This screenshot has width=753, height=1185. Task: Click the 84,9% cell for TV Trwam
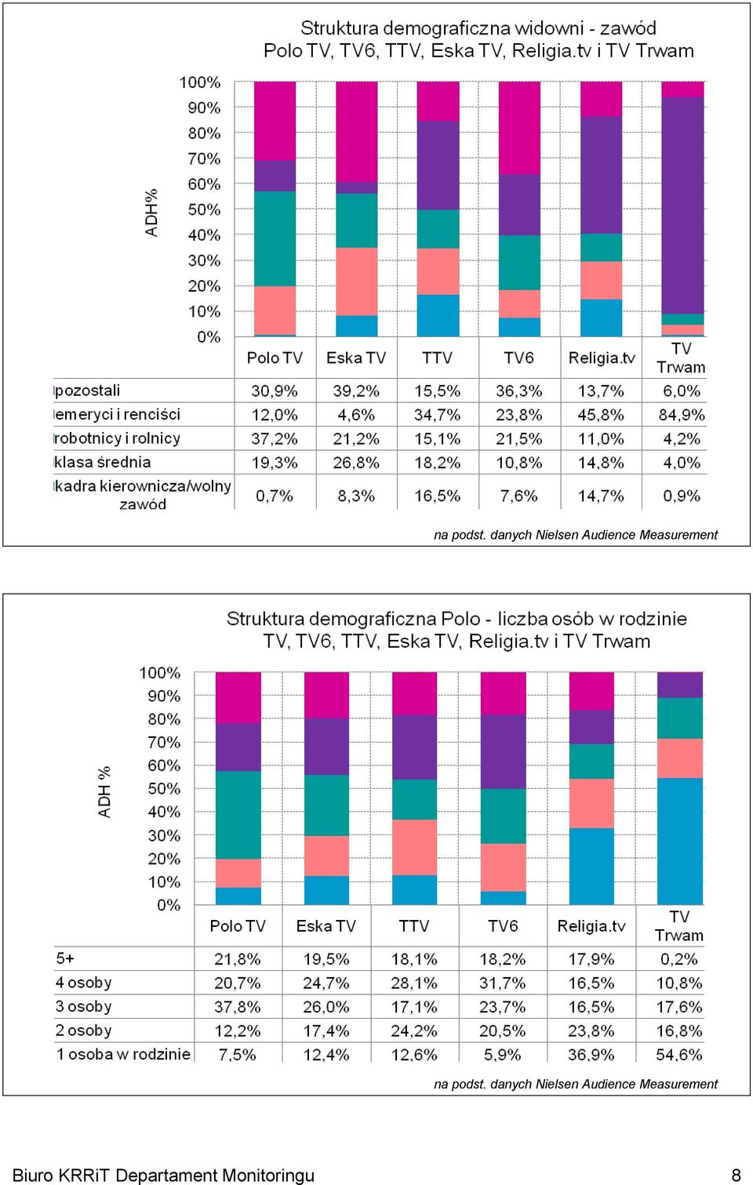coord(682,415)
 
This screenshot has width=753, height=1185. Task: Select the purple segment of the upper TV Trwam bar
coord(682,205)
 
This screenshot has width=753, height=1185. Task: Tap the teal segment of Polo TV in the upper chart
coord(275,238)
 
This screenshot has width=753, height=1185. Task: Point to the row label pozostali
coord(88,391)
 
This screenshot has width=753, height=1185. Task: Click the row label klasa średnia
coord(103,462)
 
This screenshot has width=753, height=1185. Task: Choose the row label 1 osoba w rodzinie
coord(123,1054)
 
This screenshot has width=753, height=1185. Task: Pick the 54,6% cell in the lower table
coord(679,1054)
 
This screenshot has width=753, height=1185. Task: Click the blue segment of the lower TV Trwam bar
coord(680,841)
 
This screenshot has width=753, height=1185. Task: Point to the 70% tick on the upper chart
coord(204,158)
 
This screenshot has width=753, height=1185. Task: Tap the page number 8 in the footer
coord(736,1175)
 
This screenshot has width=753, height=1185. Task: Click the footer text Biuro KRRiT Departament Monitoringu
coord(163,1175)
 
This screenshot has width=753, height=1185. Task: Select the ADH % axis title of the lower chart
coord(105,792)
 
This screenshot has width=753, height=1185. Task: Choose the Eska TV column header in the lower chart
coord(326,925)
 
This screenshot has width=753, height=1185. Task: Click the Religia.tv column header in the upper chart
coord(601,358)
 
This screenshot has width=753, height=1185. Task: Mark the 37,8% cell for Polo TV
coord(237,1006)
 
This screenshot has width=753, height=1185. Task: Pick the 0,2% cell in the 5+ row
coord(679,958)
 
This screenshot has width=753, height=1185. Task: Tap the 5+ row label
coord(65,958)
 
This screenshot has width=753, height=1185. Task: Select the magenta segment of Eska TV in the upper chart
coord(357,132)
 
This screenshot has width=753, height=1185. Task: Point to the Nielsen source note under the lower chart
coord(575,1084)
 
